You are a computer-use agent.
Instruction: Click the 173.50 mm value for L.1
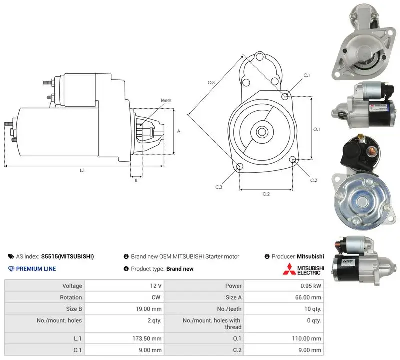(147, 339)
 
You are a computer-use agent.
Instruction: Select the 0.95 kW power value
(311, 286)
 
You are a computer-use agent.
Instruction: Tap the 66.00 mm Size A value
(308, 297)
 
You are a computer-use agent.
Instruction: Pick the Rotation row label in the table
(71, 297)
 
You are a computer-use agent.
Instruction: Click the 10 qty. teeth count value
(313, 309)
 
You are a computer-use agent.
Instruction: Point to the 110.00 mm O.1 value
(306, 339)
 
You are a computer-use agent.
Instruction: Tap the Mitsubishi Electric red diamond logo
(289, 269)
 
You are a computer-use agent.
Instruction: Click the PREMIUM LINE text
(36, 269)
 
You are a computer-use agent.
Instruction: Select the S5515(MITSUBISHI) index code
(67, 256)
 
